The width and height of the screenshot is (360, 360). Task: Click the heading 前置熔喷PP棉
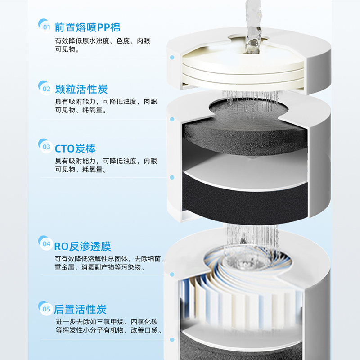point(87,27)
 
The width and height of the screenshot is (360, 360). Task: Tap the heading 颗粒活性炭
point(81,89)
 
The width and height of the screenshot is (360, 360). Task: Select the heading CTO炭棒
point(75,148)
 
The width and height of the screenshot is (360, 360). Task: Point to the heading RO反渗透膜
point(82,246)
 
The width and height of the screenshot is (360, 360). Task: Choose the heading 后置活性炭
point(81,309)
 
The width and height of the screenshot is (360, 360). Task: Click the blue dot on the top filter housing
point(172,58)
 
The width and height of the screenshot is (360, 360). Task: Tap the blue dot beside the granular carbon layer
point(172,119)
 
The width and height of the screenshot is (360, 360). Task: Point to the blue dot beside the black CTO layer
point(172,177)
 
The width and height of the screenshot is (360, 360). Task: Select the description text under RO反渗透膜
point(109,263)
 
